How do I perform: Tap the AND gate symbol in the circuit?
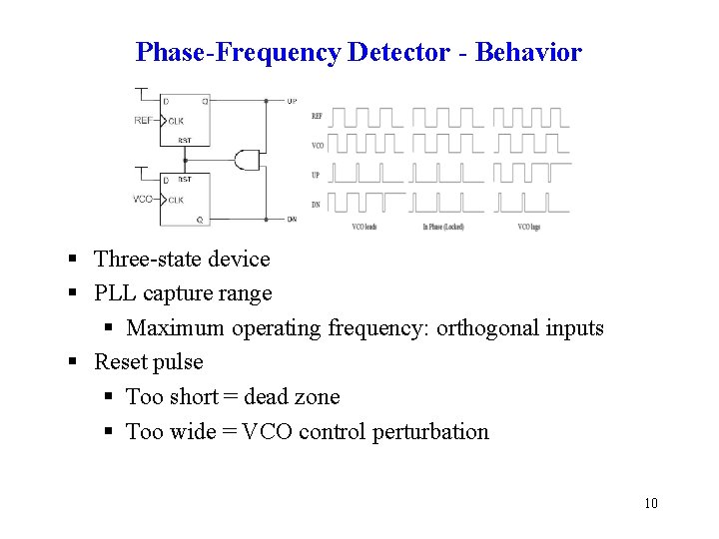click(246, 160)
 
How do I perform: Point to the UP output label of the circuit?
click(291, 101)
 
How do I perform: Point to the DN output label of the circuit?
click(291, 219)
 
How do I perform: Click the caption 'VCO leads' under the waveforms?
click(364, 228)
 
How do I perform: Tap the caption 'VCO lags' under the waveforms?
click(529, 228)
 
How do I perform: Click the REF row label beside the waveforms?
click(318, 116)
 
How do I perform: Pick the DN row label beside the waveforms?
click(318, 205)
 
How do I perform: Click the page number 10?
click(651, 503)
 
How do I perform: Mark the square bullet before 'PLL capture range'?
click(73, 294)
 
